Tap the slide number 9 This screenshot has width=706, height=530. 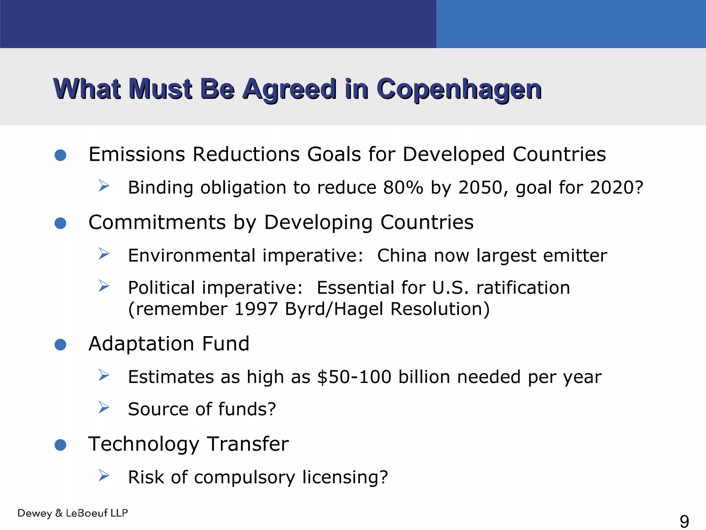point(684,521)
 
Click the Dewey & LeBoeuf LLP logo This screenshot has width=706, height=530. point(73,513)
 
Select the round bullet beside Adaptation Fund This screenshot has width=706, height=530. point(60,344)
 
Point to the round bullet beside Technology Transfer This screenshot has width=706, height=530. point(60,445)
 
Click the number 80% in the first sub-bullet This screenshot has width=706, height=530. point(403,188)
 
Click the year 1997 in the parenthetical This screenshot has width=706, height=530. point(256,309)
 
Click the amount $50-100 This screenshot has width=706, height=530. point(354,377)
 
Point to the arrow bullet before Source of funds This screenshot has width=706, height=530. point(103,408)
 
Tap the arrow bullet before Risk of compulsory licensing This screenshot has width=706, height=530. point(103,475)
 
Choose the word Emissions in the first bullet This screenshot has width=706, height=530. point(137,154)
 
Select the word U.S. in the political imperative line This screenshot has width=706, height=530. point(450,288)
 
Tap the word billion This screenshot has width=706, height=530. point(424,377)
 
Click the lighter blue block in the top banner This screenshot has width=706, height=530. point(571,24)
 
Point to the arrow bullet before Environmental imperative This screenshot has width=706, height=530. point(103,254)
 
